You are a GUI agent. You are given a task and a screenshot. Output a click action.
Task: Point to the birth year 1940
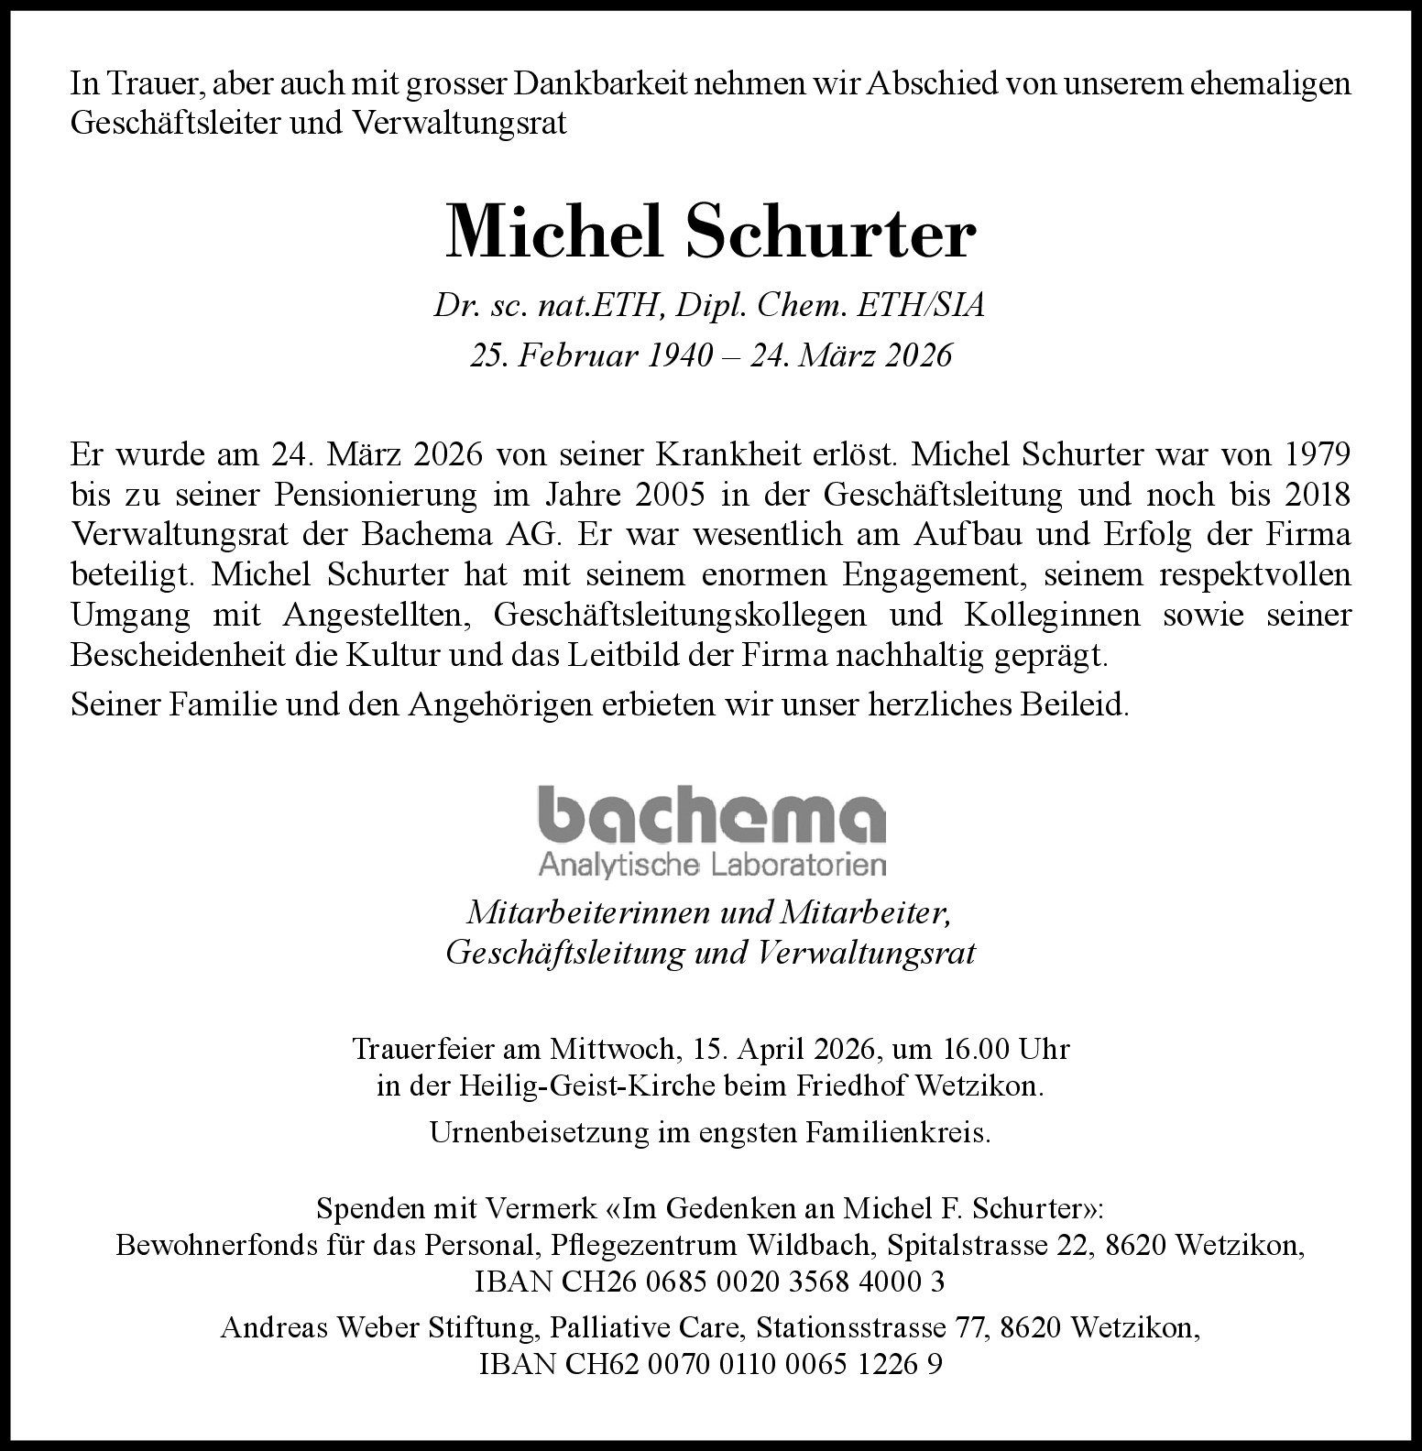[x=679, y=355]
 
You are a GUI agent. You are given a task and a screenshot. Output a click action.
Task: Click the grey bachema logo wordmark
[x=711, y=814]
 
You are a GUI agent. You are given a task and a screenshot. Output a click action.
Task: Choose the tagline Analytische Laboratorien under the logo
[x=711, y=864]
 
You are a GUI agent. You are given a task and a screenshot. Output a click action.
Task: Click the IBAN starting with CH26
[x=710, y=1281]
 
